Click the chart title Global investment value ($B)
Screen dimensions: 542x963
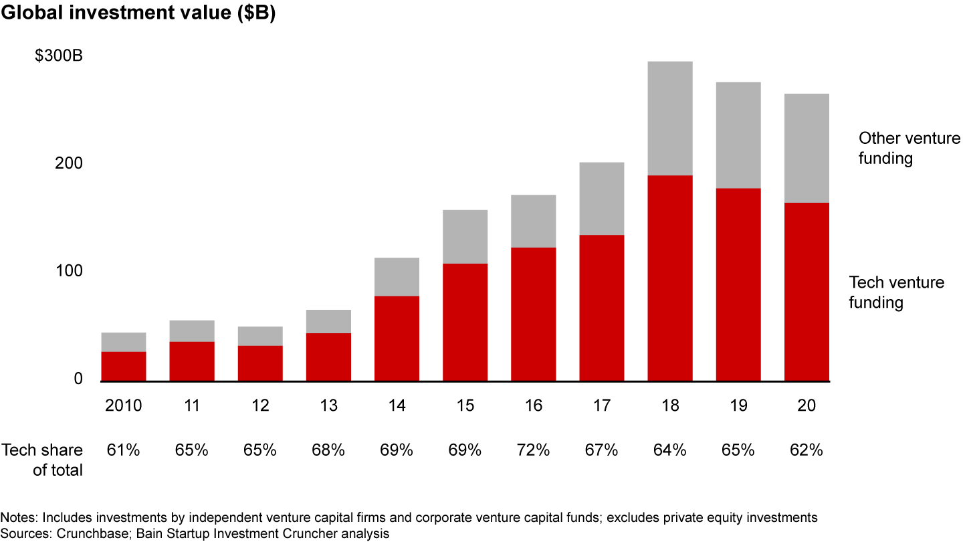(x=138, y=14)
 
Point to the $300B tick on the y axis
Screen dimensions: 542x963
(x=59, y=56)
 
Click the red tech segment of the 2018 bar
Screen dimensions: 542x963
(x=669, y=278)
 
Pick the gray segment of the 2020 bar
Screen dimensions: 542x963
(x=807, y=148)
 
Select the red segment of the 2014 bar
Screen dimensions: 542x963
(x=397, y=338)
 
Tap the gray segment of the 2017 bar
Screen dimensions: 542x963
(x=601, y=198)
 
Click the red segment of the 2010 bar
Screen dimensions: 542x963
(x=124, y=366)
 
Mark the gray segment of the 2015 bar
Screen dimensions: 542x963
(x=465, y=236)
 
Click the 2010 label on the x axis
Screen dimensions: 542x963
(x=124, y=406)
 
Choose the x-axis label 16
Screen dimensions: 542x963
(x=533, y=406)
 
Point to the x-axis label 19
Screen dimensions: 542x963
(x=738, y=406)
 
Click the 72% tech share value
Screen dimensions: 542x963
(x=533, y=450)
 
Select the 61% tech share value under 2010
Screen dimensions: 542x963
(x=124, y=450)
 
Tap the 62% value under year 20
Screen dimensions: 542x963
(x=807, y=450)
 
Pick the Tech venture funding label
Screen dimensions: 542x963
(x=896, y=292)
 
